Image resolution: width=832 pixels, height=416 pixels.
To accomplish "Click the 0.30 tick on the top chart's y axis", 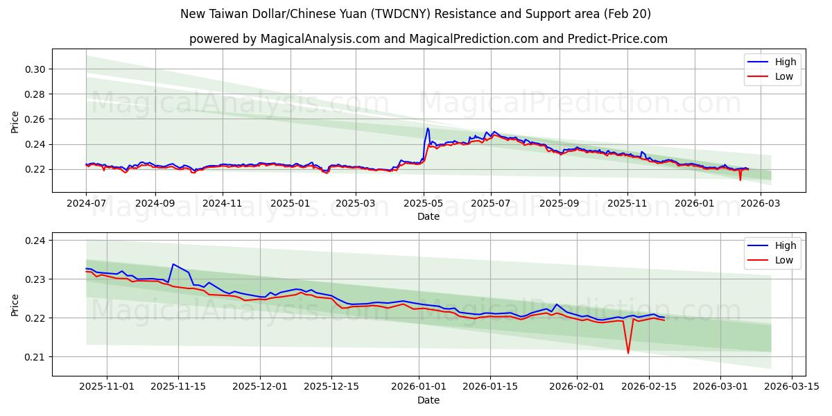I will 35,69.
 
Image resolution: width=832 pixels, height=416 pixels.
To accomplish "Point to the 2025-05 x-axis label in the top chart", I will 424,203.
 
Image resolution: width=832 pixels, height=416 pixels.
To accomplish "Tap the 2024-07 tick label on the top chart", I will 86,203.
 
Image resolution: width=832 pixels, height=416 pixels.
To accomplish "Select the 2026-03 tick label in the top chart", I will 761,203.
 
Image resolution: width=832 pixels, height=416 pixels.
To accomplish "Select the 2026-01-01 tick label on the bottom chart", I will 419,387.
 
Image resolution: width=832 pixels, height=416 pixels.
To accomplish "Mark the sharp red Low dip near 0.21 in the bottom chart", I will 628,353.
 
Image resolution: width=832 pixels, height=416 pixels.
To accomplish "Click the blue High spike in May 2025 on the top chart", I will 428,128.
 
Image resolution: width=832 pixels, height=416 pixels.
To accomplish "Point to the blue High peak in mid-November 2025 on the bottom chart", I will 173,264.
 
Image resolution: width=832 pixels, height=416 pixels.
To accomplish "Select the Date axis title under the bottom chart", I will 428,400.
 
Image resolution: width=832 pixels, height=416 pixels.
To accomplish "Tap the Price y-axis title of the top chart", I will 15,122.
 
